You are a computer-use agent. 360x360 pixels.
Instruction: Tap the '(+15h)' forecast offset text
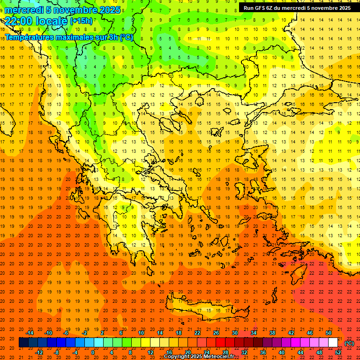[x=81, y=21]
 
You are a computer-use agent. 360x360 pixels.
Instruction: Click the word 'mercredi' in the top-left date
[x=22, y=9]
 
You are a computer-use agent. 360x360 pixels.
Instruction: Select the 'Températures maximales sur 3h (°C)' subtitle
[x=69, y=37]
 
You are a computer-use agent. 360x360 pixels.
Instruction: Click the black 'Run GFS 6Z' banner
[x=296, y=8]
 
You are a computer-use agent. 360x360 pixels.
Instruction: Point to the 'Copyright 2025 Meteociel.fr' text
[x=199, y=356]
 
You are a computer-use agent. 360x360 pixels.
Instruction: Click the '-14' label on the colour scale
[x=29, y=333]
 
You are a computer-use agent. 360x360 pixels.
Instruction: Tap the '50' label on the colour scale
[x=329, y=333]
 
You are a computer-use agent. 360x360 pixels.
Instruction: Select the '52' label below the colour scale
[x=338, y=352]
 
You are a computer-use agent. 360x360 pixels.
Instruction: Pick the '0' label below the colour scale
[x=93, y=352]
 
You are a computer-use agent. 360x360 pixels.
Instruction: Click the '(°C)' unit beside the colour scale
[x=349, y=343]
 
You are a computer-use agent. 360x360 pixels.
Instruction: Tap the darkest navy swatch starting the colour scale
[x=23, y=343]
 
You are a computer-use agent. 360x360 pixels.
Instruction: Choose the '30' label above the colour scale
[x=235, y=333]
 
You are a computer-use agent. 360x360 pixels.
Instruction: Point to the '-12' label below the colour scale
[x=39, y=352]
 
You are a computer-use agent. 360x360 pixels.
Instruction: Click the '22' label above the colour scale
[x=197, y=333]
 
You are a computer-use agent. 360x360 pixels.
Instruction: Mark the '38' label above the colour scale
[x=272, y=333]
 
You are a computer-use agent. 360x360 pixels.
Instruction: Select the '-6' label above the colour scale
[x=67, y=333]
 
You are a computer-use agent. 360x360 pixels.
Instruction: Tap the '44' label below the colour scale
[x=300, y=352]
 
